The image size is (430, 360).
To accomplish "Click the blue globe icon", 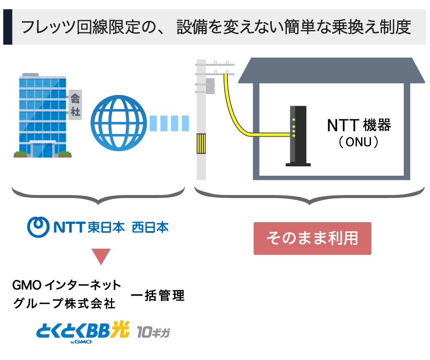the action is click(119, 123).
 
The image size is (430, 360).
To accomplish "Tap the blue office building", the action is click(43, 115).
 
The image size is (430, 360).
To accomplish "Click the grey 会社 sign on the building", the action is click(75, 105).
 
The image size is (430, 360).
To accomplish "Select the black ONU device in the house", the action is click(298, 136).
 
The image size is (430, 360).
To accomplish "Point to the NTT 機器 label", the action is click(359, 125).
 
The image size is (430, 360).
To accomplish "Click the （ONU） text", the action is click(359, 142).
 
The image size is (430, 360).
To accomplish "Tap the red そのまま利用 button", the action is click(312, 238).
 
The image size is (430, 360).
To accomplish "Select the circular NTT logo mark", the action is click(38, 227).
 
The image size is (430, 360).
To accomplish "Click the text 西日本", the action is click(150, 227).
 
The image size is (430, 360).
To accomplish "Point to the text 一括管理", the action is click(158, 295).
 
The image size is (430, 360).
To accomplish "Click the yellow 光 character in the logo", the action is click(120, 329).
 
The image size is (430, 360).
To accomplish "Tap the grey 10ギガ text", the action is click(154, 332).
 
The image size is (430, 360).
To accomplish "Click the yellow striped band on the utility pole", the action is click(201, 143).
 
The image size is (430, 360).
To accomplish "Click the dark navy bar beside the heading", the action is click(8, 27).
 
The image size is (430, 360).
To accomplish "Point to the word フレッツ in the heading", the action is click(48, 27).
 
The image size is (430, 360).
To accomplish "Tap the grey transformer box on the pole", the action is click(210, 86).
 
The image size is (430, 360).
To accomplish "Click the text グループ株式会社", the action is click(64, 304).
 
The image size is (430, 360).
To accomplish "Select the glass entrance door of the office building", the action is click(43, 150).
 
